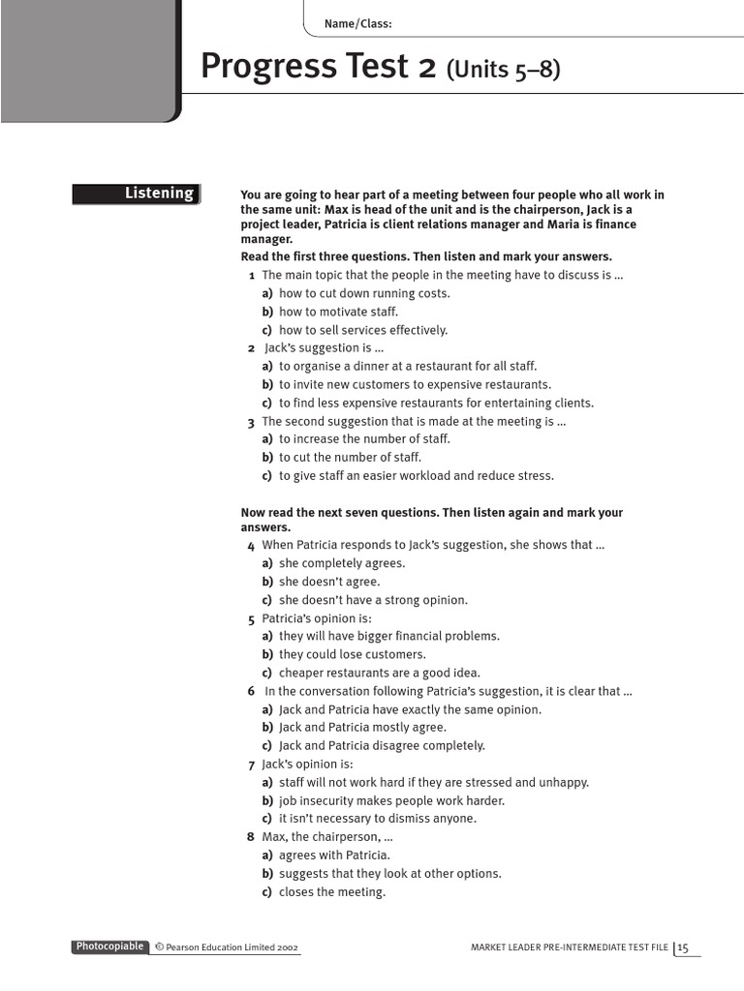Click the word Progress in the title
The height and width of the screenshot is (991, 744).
pyautogui.click(x=259, y=67)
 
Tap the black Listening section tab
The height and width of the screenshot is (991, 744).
pyautogui.click(x=137, y=194)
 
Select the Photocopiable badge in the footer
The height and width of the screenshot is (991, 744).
pyautogui.click(x=110, y=946)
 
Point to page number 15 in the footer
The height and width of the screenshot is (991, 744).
pyautogui.click(x=683, y=947)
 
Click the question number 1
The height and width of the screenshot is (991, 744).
pyautogui.click(x=252, y=275)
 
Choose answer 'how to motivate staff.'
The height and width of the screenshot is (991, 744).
pyautogui.click(x=338, y=312)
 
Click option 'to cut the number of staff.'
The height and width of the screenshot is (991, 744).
pyautogui.click(x=350, y=457)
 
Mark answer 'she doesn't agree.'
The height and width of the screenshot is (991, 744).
pyautogui.click(x=329, y=582)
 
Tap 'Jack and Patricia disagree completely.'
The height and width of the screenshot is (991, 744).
pyautogui.click(x=382, y=745)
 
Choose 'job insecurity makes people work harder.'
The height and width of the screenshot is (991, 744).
pyautogui.click(x=391, y=800)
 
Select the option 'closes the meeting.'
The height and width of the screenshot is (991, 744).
pyautogui.click(x=332, y=892)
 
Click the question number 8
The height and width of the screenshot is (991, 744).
pyautogui.click(x=252, y=837)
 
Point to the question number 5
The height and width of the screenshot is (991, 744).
pyautogui.click(x=252, y=618)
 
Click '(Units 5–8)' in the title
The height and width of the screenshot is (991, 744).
pyautogui.click(x=503, y=70)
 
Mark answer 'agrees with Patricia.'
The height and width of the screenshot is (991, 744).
pyautogui.click(x=334, y=856)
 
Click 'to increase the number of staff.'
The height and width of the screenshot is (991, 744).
pyautogui.click(x=364, y=438)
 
